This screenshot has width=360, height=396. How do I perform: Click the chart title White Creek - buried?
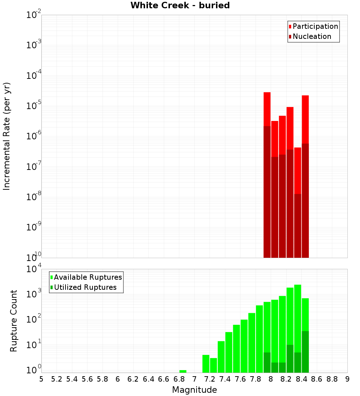(180, 6)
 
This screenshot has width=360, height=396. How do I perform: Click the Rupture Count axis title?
(14, 321)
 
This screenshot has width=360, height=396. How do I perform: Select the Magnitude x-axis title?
(194, 390)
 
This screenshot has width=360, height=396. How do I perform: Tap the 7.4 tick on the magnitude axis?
(225, 379)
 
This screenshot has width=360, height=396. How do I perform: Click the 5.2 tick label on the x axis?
(57, 379)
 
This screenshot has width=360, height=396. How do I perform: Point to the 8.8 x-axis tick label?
(332, 379)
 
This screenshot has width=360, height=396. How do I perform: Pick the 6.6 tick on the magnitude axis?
(164, 379)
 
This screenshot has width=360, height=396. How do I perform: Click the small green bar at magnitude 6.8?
(183, 371)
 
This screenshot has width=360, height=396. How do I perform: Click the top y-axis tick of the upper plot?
(34, 15)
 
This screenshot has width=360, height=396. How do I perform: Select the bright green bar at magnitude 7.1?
(206, 364)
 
